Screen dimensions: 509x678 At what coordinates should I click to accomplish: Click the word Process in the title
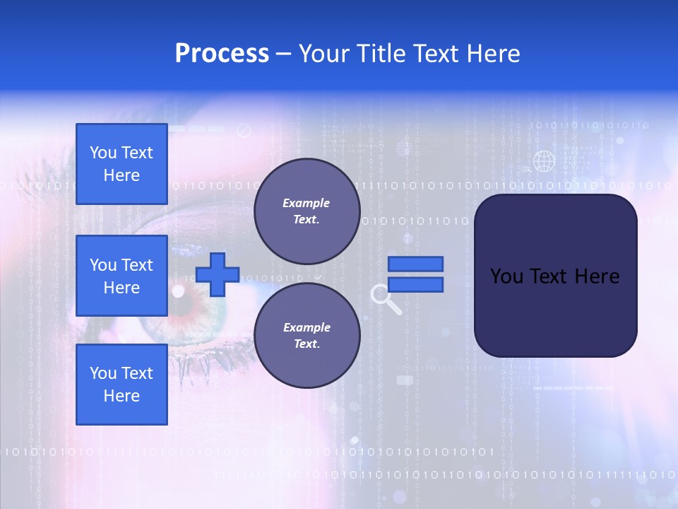click(x=222, y=54)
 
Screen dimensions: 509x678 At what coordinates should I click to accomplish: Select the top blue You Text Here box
click(x=121, y=164)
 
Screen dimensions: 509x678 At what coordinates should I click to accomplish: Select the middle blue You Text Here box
click(x=121, y=276)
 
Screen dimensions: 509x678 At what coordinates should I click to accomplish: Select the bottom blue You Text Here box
click(x=121, y=385)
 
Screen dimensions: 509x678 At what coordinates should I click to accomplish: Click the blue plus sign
click(x=218, y=274)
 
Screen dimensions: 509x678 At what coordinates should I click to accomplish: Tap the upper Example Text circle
click(x=307, y=211)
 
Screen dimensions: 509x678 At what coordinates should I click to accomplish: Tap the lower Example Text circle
click(x=307, y=336)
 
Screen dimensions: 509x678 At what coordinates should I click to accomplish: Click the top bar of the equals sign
click(x=416, y=264)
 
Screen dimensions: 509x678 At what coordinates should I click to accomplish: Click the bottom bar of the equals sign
click(x=416, y=284)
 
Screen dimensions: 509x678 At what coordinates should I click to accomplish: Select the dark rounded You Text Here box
click(x=555, y=276)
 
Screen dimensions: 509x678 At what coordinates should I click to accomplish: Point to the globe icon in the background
click(x=544, y=161)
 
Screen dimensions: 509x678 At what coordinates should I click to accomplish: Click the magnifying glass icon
click(x=384, y=298)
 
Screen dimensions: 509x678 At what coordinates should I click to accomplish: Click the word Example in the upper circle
click(x=306, y=203)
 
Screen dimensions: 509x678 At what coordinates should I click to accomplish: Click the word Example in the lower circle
click(x=307, y=327)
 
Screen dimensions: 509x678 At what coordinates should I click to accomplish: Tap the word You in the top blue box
click(x=102, y=153)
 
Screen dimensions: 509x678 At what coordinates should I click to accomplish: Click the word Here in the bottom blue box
click(x=121, y=396)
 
